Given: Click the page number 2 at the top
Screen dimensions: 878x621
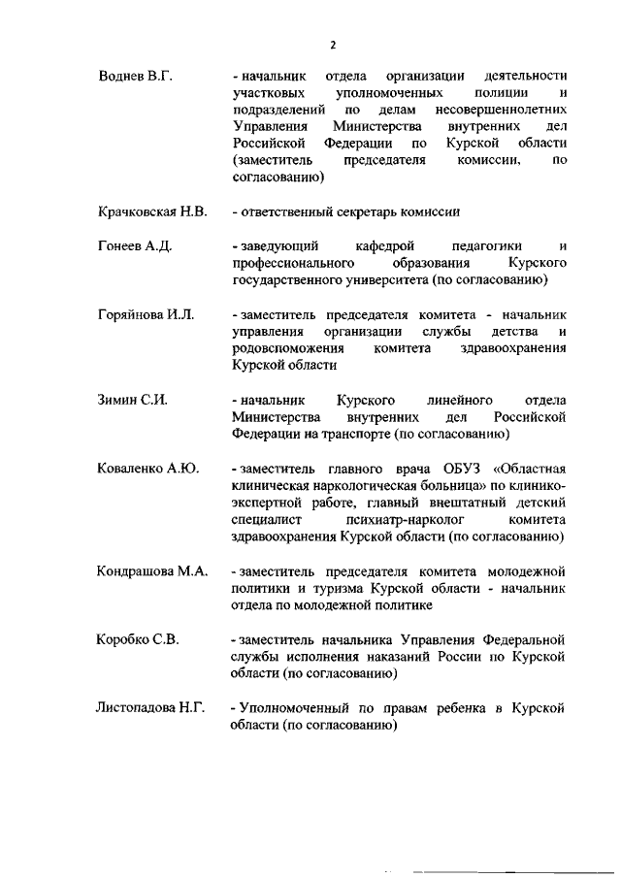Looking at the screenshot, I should click(x=333, y=45).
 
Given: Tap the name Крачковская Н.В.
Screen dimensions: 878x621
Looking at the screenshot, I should click(x=152, y=212).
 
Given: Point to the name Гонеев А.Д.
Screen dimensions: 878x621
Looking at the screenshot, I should click(x=135, y=246).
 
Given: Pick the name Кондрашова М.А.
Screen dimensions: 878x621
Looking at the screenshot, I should click(x=152, y=570).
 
